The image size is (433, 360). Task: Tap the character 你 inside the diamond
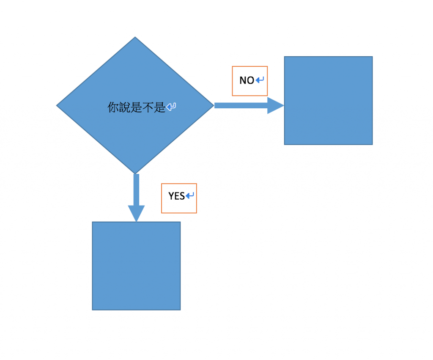[x=112, y=107]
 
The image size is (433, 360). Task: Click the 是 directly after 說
[x=136, y=107]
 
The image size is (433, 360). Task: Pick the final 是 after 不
[x=160, y=107]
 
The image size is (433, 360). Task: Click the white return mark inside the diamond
[x=171, y=107]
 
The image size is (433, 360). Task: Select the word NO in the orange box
[x=247, y=80]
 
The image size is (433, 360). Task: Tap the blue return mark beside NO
[x=260, y=80]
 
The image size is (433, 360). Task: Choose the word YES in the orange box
[x=177, y=196]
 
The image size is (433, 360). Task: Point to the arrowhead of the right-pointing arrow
[x=275, y=106]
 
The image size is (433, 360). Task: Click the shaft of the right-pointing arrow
[x=241, y=105]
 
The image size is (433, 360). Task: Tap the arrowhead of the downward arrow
[x=136, y=213]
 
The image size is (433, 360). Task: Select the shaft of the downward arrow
[x=136, y=189]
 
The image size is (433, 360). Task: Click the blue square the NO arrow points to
[x=328, y=100]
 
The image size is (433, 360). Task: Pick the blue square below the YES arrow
[x=136, y=266]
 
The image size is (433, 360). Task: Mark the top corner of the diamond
[x=135, y=38]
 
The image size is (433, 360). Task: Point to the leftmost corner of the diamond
[x=58, y=105]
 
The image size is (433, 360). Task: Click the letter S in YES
[x=182, y=196]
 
